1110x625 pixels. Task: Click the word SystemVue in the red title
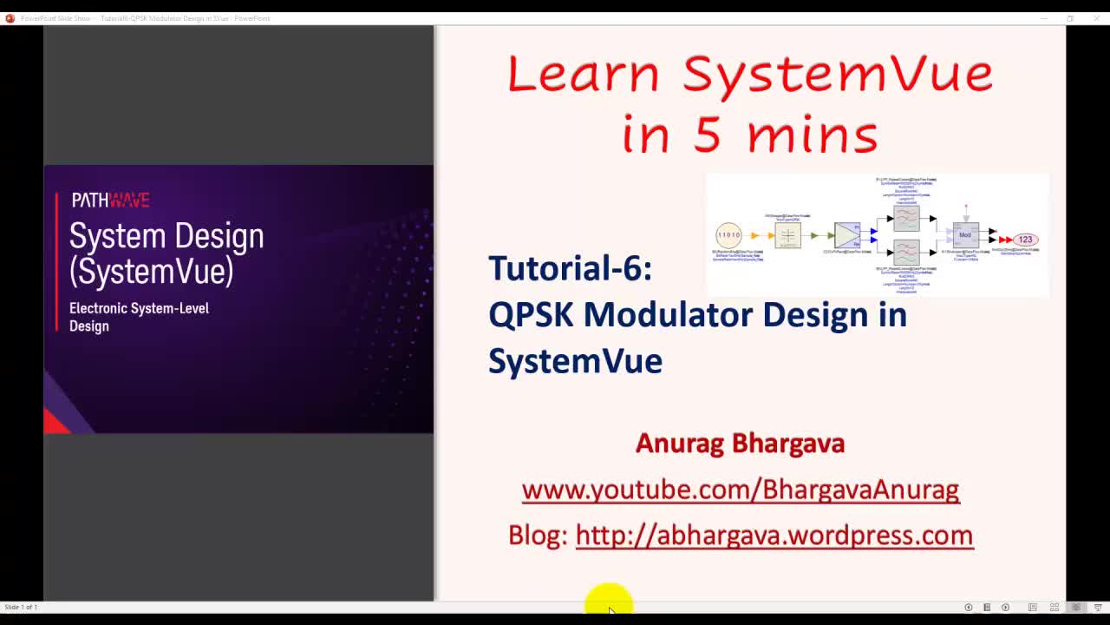[x=837, y=75]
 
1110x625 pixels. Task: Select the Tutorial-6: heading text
[x=570, y=268]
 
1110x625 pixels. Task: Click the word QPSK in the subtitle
[x=531, y=314]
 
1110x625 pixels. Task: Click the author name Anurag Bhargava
[x=740, y=444]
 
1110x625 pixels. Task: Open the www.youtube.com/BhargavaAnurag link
[x=740, y=490]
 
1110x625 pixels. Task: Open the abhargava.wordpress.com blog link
[x=774, y=536]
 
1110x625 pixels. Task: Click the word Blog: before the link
[x=537, y=536]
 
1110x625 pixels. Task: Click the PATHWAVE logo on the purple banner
[x=110, y=201]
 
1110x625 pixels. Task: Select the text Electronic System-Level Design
[x=139, y=317]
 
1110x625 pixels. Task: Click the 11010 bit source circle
[x=728, y=235]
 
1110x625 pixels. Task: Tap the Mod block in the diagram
[x=965, y=235]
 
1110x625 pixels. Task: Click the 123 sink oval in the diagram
[x=1025, y=240]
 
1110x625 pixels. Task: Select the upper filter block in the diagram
[x=906, y=218]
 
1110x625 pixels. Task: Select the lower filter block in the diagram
[x=906, y=253]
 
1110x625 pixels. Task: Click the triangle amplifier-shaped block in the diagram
[x=846, y=235]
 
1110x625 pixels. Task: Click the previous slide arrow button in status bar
[x=968, y=608]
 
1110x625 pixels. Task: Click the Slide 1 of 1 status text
[x=21, y=608]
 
